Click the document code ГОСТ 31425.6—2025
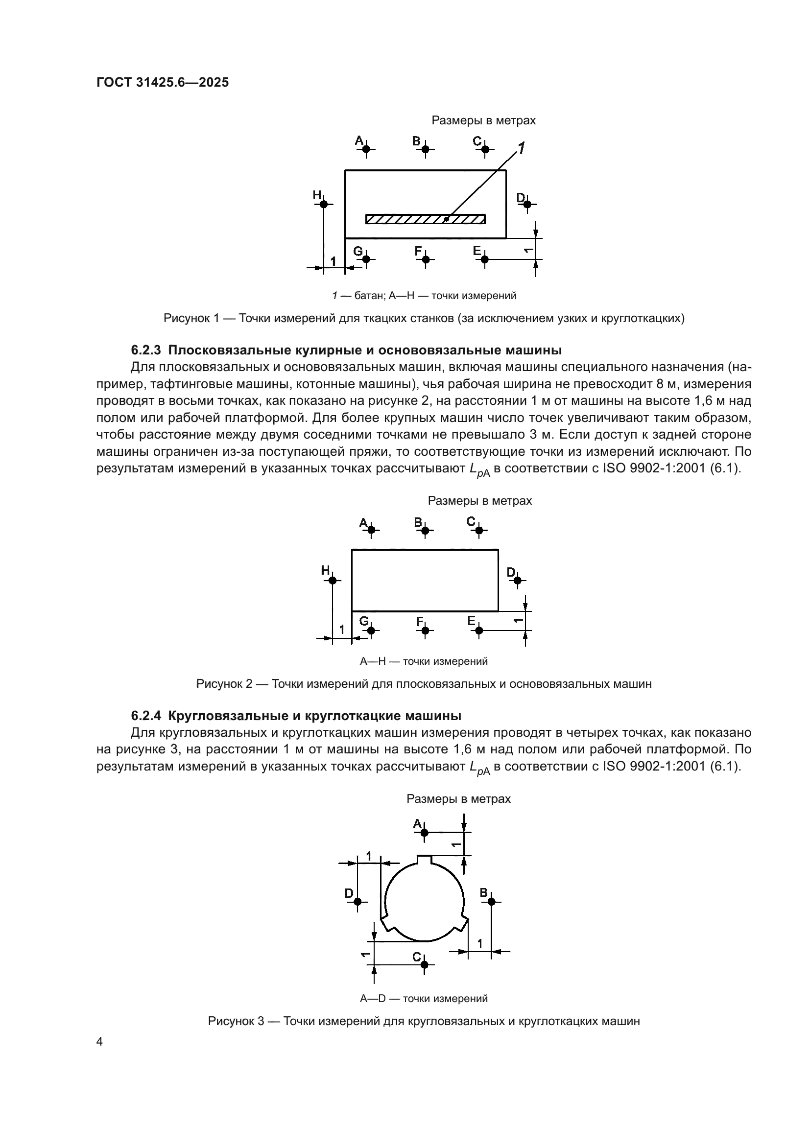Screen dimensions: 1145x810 pos(162,82)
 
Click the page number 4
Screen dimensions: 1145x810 pos(100,1042)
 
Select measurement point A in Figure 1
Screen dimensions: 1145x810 pos(366,149)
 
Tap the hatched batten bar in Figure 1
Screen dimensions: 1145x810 pos(425,219)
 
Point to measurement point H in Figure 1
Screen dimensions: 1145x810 pos(324,204)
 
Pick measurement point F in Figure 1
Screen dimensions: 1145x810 pos(426,259)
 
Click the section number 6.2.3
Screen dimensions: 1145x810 pos(145,350)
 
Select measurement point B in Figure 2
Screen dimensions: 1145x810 pos(425,530)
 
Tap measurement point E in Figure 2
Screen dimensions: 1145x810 pos(479,631)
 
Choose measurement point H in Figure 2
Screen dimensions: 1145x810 pos(333,580)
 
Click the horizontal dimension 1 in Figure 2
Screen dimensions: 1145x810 pos(342,630)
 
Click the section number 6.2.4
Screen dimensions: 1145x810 pos(145,716)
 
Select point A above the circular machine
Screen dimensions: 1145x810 pos(425,832)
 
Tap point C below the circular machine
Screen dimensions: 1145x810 pos(425,964)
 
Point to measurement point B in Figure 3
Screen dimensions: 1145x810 pos(491,901)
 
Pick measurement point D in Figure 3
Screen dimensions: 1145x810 pos(357,901)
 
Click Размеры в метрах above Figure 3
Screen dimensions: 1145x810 pos(458,799)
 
